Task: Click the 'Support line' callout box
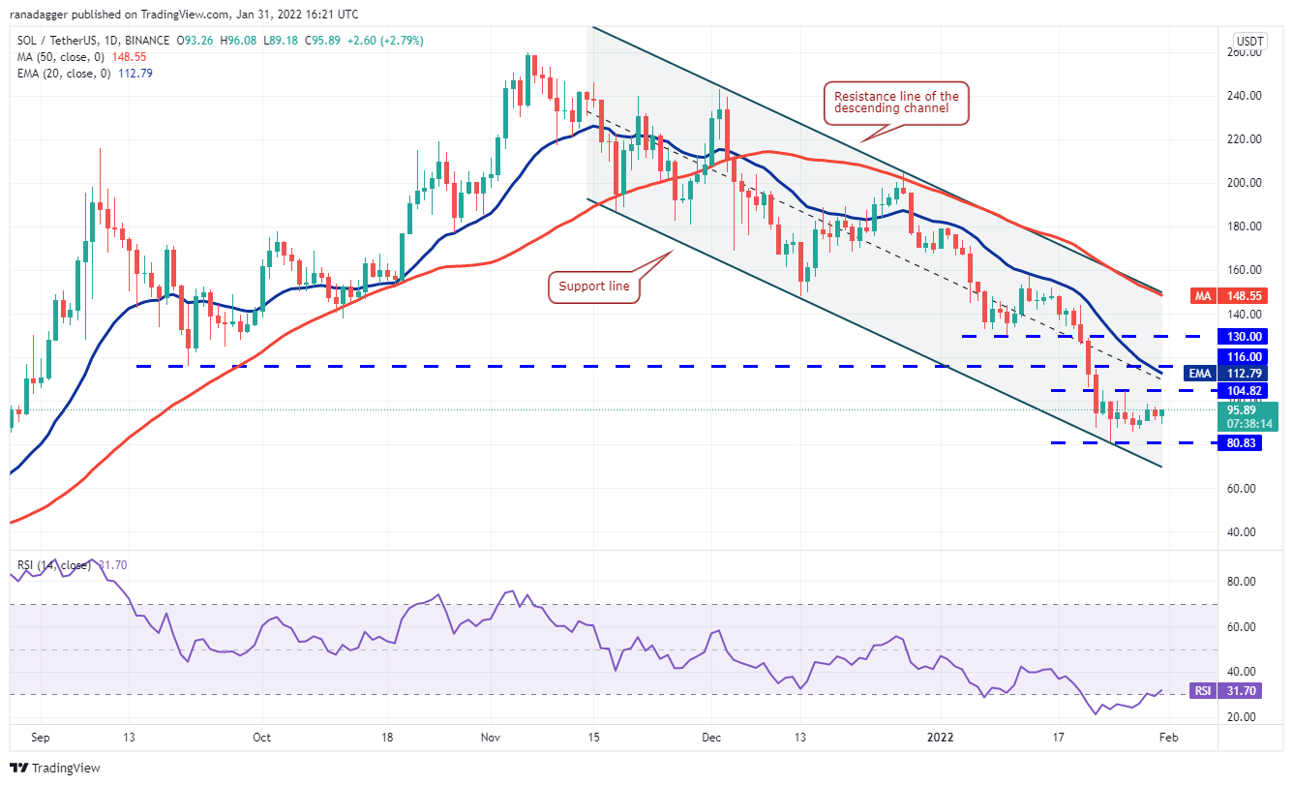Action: tap(595, 287)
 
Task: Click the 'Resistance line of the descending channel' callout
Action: tap(897, 102)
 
